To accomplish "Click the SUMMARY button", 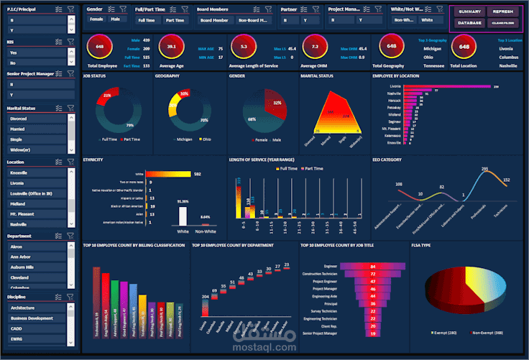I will (469, 12).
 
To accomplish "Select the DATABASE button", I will (469, 23).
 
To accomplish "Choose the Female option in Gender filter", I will (96, 20).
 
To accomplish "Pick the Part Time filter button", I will (175, 21).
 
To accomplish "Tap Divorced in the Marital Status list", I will (19, 119).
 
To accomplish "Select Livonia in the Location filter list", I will (18, 183).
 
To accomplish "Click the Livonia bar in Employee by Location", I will (446, 87).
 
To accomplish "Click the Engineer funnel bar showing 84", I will (372, 267).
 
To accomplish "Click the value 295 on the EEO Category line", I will (484, 170).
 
